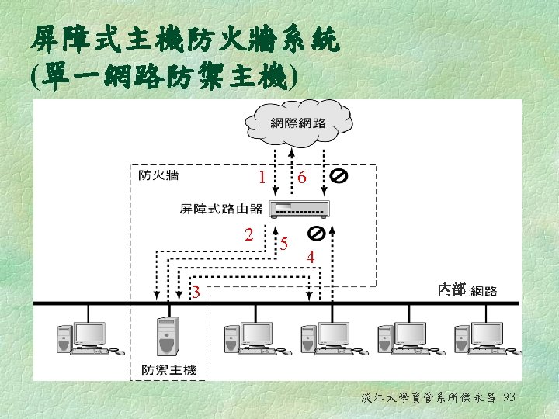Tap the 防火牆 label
point(158,175)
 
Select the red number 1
point(264,178)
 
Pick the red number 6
point(302,178)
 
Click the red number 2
point(248,234)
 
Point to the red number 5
point(285,242)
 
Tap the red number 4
point(311,257)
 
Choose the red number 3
point(197,293)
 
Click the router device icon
point(299,208)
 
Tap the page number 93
point(509,398)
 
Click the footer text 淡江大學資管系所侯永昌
point(429,398)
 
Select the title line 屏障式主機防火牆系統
point(186,38)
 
